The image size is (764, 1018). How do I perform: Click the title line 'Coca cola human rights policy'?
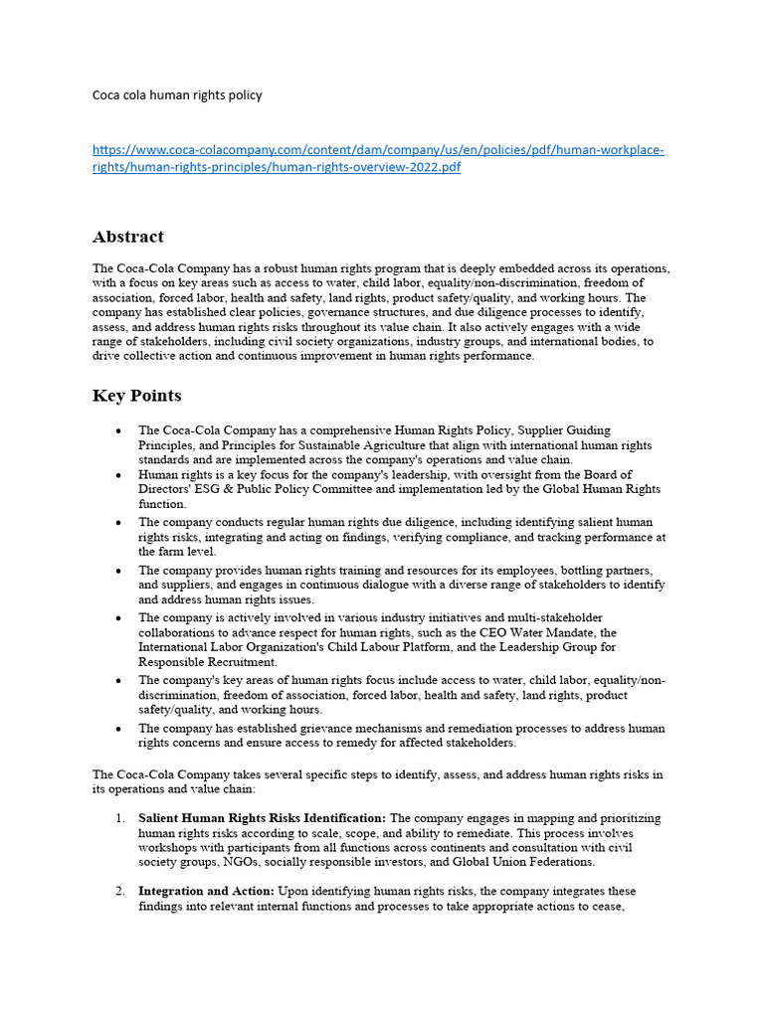click(177, 95)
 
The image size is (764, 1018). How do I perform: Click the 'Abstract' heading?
click(128, 237)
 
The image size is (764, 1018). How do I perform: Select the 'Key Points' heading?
click(137, 396)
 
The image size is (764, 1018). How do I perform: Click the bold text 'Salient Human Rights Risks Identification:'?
click(262, 818)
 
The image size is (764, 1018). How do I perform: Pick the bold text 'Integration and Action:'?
click(206, 892)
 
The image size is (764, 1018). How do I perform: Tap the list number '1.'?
click(119, 818)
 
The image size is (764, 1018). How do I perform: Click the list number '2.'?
click(119, 892)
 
